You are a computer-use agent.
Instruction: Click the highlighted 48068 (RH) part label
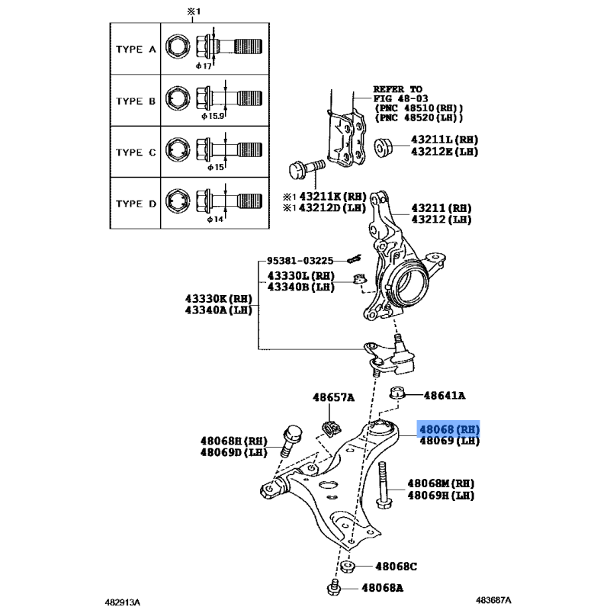coord(448,429)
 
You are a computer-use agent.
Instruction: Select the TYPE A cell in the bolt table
coord(136,49)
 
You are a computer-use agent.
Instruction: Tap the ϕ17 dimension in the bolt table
coord(204,66)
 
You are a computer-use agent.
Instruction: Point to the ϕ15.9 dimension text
coord(213,116)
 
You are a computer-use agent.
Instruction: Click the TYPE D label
coord(136,204)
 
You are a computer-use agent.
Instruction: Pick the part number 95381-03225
coord(300,260)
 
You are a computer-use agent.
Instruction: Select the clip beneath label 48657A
coord(331,429)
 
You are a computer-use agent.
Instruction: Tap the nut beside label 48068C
coord(348,567)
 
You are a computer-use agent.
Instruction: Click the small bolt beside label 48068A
coord(334,587)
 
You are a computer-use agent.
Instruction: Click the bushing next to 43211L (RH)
coord(384,147)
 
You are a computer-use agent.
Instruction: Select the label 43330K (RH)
coord(219,299)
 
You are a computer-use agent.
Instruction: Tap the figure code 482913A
coord(123,602)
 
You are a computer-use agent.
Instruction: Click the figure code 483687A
coord(493,600)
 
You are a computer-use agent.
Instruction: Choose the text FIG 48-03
coord(401,99)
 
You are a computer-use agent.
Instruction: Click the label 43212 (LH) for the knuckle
coord(441,220)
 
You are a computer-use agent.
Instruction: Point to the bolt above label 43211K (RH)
coord(307,169)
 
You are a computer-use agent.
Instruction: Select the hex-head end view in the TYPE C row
coord(178,149)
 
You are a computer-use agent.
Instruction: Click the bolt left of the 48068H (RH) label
coord(290,441)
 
